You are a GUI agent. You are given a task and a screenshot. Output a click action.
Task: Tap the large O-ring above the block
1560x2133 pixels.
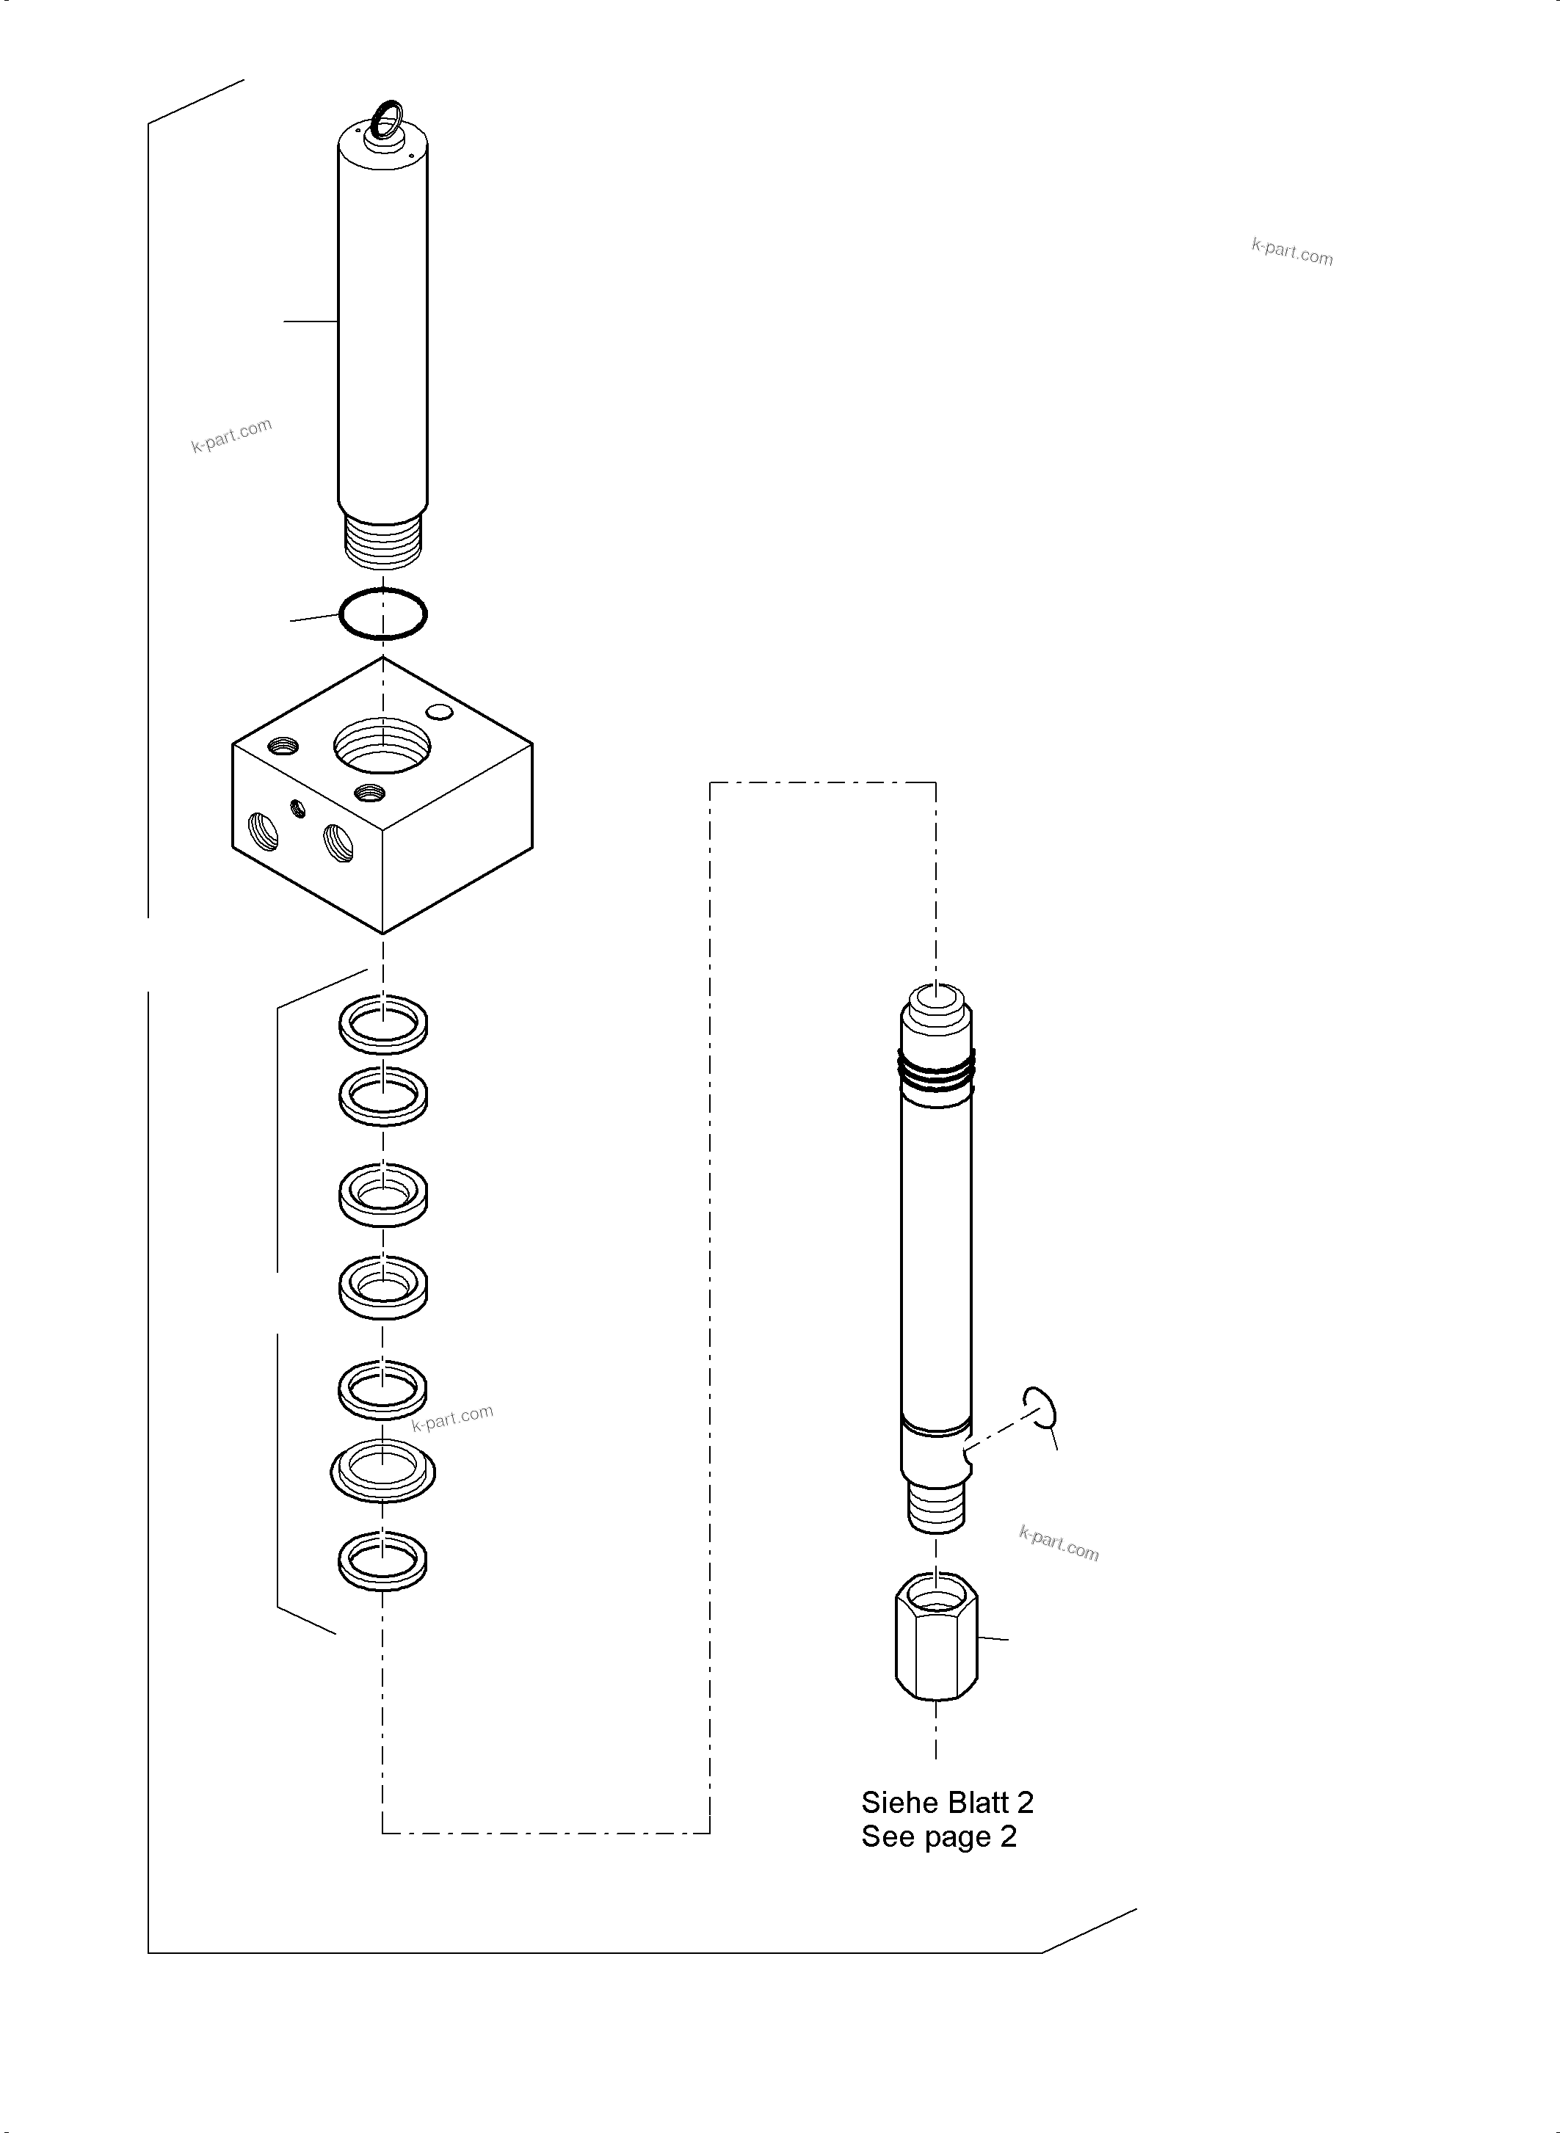tap(382, 614)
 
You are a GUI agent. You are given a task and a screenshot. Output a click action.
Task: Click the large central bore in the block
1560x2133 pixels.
tap(382, 746)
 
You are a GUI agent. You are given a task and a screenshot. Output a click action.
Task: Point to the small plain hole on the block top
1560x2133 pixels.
tap(439, 711)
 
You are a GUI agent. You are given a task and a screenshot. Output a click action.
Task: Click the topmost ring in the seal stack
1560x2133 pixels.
tap(382, 1023)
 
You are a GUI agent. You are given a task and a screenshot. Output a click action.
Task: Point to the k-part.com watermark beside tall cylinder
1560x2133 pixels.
tap(231, 435)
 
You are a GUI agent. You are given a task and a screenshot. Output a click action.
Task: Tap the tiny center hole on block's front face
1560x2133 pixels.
tap(300, 808)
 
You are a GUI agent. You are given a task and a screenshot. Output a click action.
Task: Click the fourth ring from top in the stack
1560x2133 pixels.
tap(382, 1286)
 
